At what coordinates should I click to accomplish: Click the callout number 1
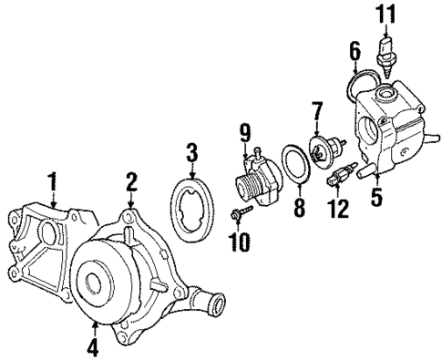54,180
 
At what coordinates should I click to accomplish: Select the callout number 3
192,150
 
